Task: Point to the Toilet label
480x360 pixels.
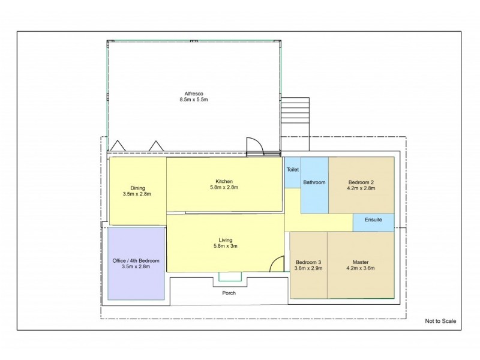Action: coord(292,170)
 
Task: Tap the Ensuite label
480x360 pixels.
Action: coord(372,221)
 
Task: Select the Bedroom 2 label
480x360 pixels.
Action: coord(361,182)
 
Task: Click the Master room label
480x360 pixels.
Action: coord(360,262)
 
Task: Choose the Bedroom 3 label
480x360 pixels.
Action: coord(308,262)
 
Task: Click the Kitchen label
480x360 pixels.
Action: coord(224,181)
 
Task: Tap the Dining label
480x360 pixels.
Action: coord(137,187)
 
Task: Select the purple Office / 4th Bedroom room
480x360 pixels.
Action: coord(136,263)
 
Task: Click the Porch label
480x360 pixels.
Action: coord(229,293)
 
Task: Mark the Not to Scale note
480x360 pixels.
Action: coord(440,321)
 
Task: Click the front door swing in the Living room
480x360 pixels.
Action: coord(276,263)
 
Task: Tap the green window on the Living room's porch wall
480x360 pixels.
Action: coord(230,276)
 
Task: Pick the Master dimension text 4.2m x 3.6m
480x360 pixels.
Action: coord(360,268)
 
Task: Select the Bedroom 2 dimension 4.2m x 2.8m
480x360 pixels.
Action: coord(361,188)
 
